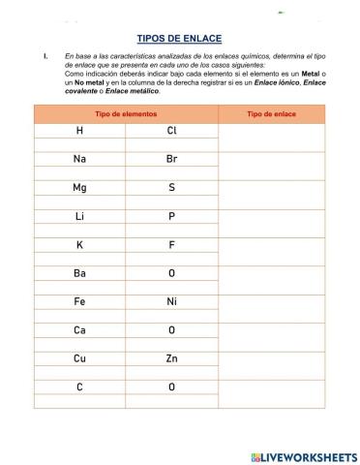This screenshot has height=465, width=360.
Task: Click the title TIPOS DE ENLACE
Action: point(180,38)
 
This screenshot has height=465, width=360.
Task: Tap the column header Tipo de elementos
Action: point(126,114)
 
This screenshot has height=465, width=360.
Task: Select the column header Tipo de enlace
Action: point(272,114)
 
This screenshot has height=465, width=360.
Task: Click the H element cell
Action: point(79,131)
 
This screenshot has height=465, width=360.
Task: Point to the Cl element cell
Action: point(171,131)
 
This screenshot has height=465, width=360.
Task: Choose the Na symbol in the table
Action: point(79,159)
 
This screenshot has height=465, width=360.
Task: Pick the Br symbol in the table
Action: point(171,159)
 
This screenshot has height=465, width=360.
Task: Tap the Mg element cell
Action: point(79,188)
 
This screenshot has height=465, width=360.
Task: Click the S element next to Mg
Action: point(171,188)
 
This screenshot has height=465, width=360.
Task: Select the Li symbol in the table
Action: point(79,217)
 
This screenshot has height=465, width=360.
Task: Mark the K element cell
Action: point(79,245)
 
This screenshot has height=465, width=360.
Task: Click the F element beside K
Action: point(171,245)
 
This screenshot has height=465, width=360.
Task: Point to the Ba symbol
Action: point(79,274)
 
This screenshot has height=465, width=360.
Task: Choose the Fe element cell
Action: point(79,302)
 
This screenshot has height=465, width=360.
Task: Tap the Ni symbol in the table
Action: point(171,302)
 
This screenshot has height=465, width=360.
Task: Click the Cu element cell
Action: point(79,359)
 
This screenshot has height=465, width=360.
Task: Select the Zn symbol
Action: point(171,359)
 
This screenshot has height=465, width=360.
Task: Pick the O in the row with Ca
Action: point(171,331)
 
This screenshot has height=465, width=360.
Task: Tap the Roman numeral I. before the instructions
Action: point(45,57)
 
